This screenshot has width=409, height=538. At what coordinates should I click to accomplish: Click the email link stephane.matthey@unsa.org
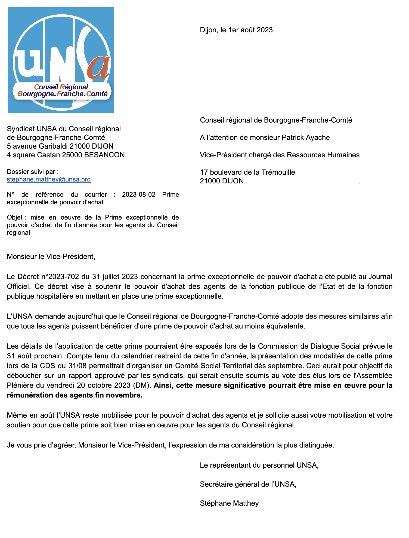tap(49, 179)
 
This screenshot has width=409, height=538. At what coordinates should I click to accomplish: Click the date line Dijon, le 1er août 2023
tap(236, 30)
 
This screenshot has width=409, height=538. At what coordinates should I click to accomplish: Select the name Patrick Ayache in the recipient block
tap(306, 137)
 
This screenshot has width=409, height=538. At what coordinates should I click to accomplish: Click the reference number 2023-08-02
tap(139, 195)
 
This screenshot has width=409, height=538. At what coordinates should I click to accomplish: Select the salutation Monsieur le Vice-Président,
tap(51, 257)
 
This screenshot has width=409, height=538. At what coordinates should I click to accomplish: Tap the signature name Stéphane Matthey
tap(229, 503)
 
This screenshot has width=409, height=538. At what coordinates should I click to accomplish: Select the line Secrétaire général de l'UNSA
tap(248, 484)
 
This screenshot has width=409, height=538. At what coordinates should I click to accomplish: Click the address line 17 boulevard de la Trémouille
tap(247, 172)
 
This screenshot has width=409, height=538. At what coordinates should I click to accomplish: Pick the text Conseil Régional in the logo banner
tap(61, 87)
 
